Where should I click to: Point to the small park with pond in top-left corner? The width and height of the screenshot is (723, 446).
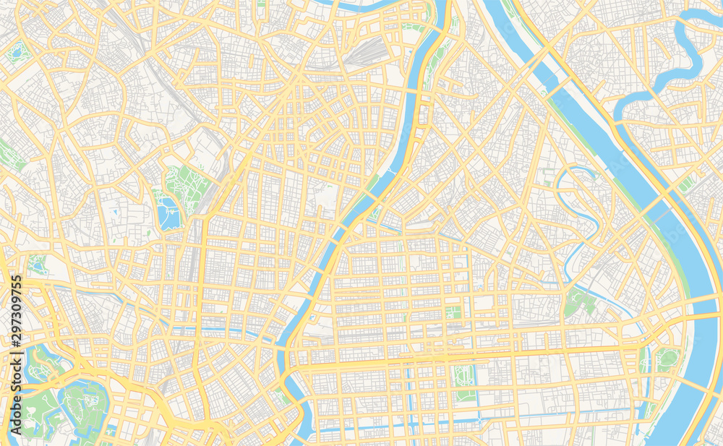point(16,51)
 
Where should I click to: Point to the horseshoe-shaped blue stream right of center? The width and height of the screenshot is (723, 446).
point(578,210)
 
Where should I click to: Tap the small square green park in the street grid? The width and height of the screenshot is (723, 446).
point(453,312)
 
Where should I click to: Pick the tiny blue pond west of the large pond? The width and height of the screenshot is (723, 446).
point(115,212)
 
